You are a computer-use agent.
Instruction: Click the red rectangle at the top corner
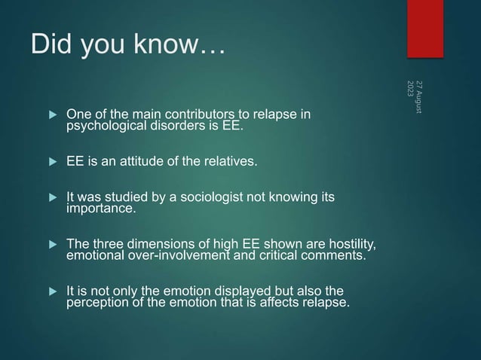pyautogui.click(x=425, y=28)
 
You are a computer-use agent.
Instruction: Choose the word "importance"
pyautogui.click(x=100, y=209)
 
